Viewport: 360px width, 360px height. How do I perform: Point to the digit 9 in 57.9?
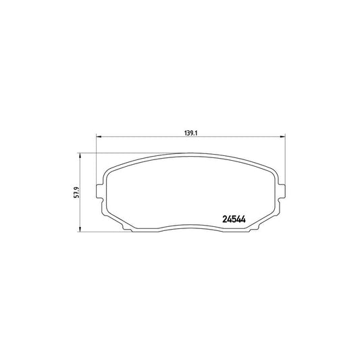pos(78,188)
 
